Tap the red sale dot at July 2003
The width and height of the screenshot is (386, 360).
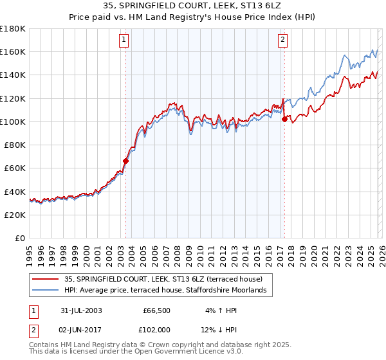click(126, 161)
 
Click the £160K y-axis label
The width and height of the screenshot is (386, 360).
click(13, 51)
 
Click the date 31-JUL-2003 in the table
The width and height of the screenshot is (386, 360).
click(81, 310)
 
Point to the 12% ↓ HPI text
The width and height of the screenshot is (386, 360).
click(219, 330)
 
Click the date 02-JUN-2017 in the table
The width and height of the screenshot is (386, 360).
click(81, 330)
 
